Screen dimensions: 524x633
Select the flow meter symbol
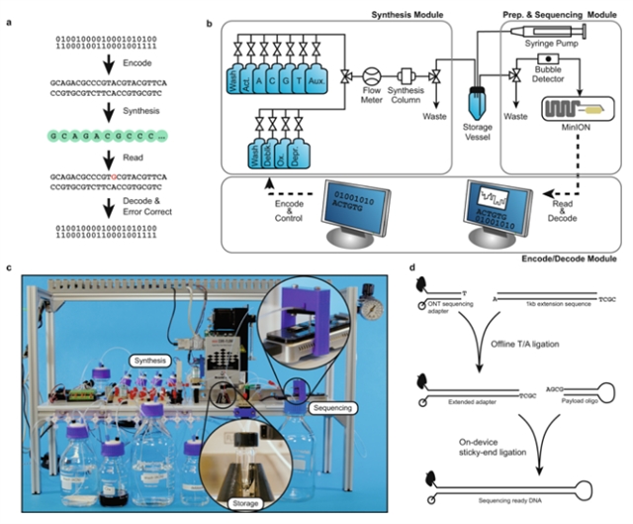[373, 74]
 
